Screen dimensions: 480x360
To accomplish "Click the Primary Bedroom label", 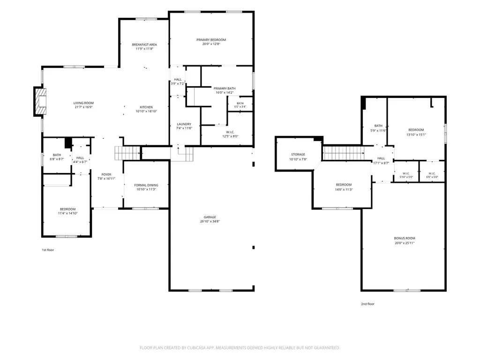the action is tap(211, 40).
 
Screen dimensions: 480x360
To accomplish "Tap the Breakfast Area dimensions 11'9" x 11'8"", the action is tap(144, 49).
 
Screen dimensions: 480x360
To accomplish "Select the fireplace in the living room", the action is tap(40, 102).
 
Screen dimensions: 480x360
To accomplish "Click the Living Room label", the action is tap(83, 103).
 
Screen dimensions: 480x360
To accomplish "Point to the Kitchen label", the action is tap(146, 107).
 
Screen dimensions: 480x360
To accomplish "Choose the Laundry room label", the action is tap(184, 124).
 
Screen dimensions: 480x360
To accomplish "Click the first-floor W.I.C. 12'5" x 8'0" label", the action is tap(230, 134).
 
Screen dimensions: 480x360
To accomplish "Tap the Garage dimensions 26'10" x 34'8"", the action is tap(210, 221).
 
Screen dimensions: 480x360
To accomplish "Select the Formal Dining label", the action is tap(146, 185).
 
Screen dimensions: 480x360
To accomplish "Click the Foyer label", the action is tap(106, 174).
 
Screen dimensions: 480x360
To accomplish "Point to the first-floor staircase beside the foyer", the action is tap(127, 153).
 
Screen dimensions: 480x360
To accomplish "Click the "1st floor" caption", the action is tap(48, 250).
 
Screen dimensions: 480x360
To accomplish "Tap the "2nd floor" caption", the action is tap(367, 304).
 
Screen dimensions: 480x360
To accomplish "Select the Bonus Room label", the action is tap(405, 238).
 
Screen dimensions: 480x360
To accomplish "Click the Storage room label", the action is tap(298, 155).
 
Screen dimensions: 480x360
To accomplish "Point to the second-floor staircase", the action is tap(344, 153).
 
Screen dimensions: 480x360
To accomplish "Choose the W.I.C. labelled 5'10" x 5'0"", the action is tap(406, 175).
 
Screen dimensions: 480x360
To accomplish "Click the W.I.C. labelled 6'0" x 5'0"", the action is tap(432, 175).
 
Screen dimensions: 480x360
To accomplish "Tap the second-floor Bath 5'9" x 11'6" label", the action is tap(378, 128).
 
